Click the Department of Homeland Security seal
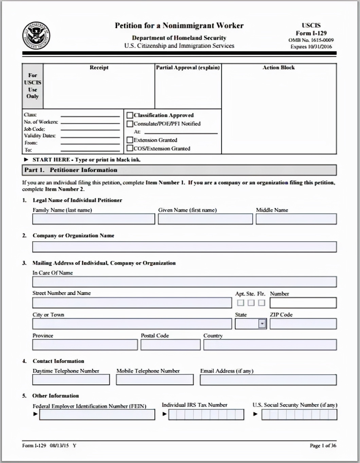(36, 36)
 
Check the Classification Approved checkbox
(130, 115)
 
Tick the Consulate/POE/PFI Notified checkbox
(130, 124)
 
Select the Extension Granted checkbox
(130, 140)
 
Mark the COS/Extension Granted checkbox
(130, 148)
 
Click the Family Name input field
(93, 219)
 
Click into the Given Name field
(205, 219)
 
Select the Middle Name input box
(296, 219)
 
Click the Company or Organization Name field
(184, 247)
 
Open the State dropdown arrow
(262, 324)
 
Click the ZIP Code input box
(303, 324)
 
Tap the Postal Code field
(170, 345)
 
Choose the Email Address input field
(268, 380)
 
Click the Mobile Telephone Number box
(155, 380)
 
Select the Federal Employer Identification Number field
(97, 414)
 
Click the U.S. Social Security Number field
(299, 414)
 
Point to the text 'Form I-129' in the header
(311, 33)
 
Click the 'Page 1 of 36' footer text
(323, 445)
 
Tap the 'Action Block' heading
(278, 68)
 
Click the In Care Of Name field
(184, 282)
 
